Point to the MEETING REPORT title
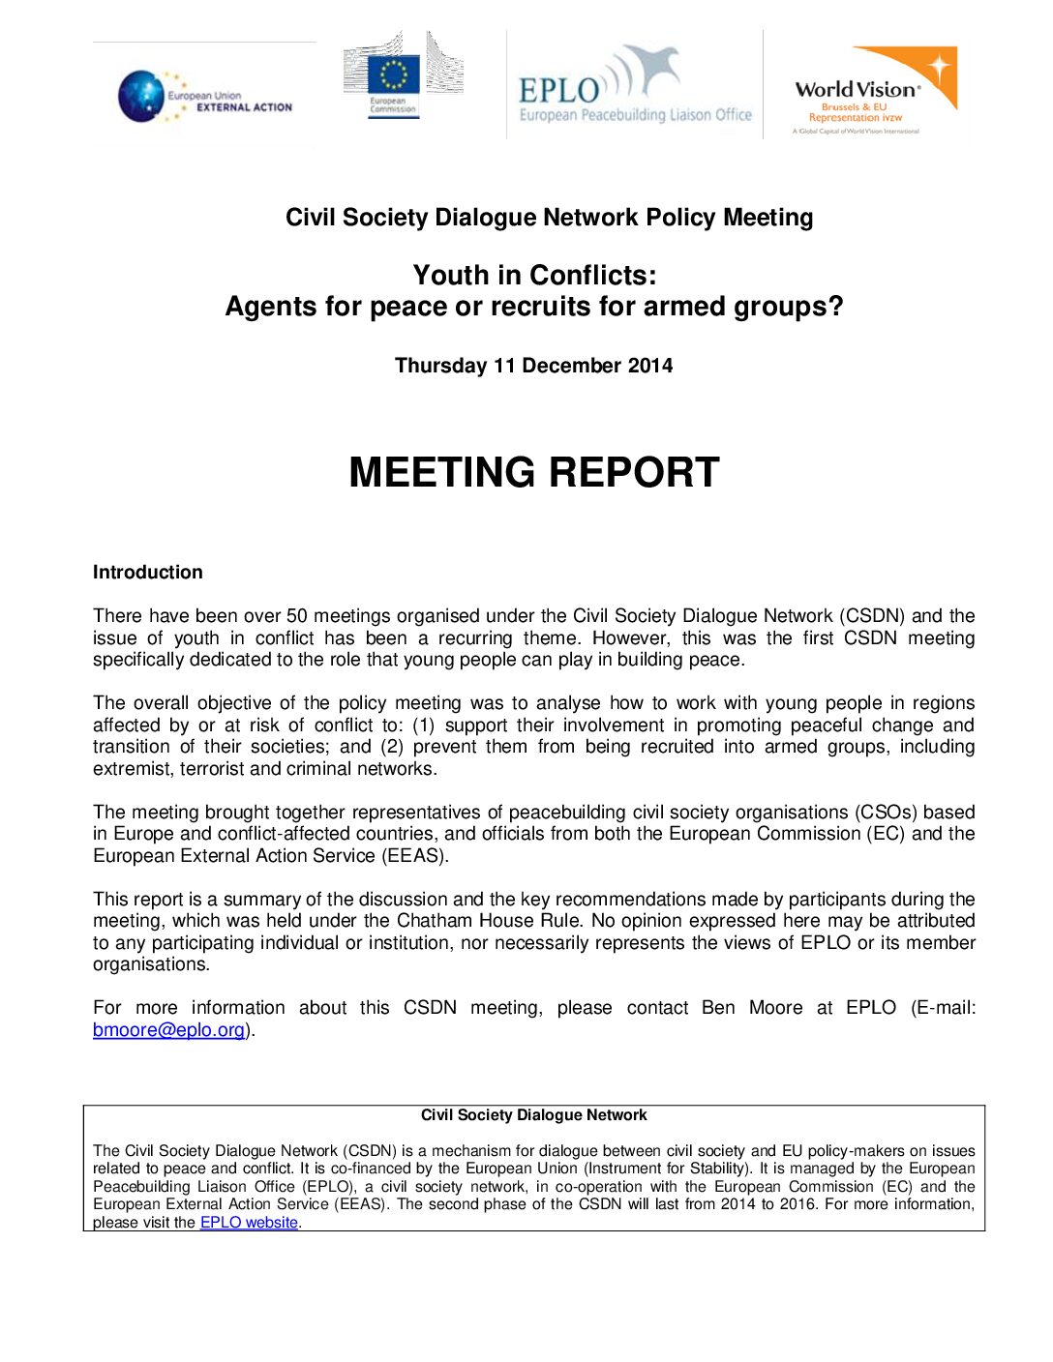click(x=533, y=473)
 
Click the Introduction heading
click(x=147, y=572)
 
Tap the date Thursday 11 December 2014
click(x=533, y=366)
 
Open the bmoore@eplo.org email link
click(x=168, y=1030)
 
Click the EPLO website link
click(x=249, y=1223)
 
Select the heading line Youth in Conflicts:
click(x=534, y=276)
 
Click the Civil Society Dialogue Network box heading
click(x=533, y=1115)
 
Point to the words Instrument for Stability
click(x=666, y=1169)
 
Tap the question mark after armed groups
click(x=835, y=308)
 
